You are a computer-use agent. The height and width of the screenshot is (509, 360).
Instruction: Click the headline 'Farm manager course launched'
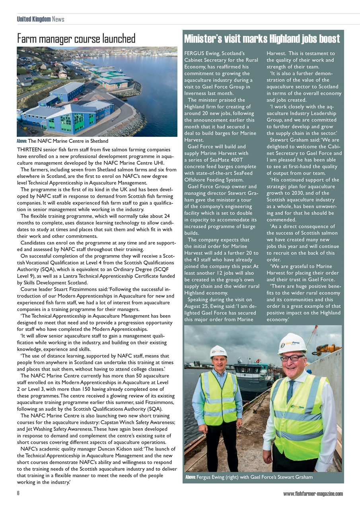(76, 39)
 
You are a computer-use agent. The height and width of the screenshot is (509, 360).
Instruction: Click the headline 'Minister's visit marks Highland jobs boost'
(262, 39)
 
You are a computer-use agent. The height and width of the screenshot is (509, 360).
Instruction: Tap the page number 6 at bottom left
(18, 493)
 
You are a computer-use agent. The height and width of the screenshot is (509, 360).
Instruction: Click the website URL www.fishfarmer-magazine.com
(313, 493)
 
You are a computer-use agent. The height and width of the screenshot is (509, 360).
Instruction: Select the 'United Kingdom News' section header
(40, 19)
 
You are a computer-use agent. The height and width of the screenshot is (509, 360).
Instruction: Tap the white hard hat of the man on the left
(218, 352)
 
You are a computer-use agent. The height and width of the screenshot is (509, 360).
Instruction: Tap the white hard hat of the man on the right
(293, 343)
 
